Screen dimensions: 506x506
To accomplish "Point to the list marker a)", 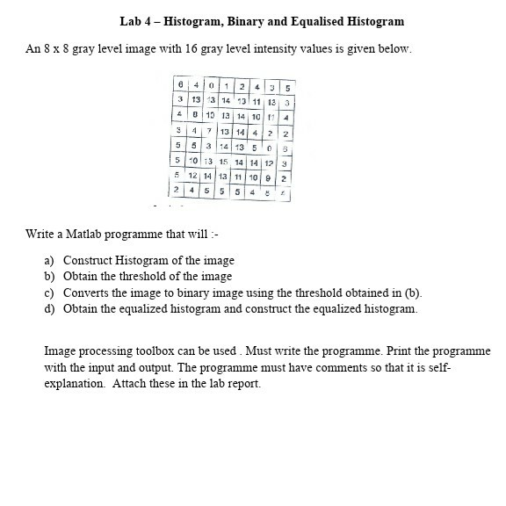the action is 49,261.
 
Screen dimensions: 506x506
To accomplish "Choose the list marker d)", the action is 49,308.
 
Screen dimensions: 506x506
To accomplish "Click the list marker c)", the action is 49,293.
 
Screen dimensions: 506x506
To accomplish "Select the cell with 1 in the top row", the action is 227,86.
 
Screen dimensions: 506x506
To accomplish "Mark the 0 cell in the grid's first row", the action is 213,86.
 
